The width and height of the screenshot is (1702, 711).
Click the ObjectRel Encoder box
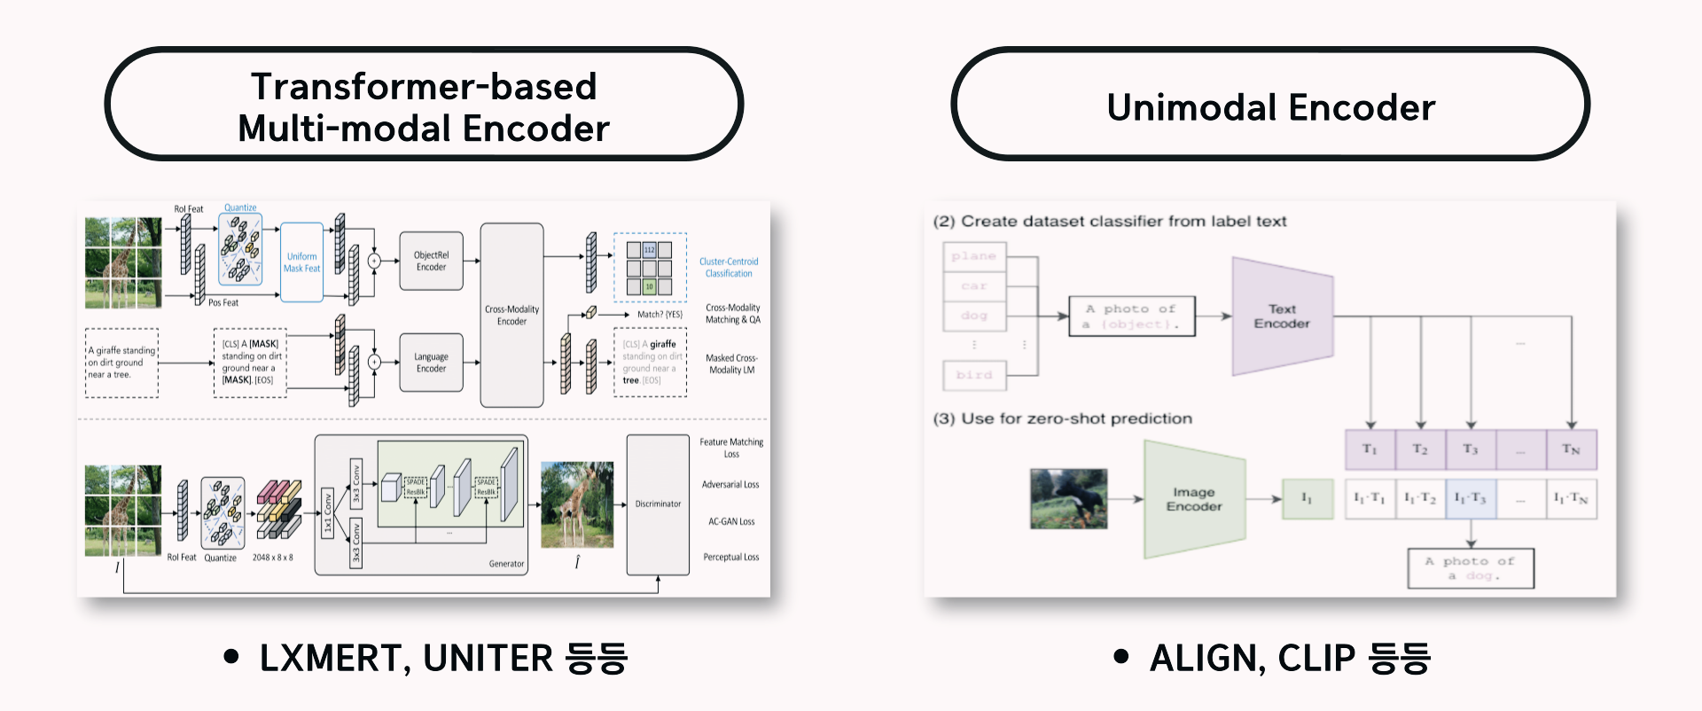[431, 261]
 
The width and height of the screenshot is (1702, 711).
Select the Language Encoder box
[431, 363]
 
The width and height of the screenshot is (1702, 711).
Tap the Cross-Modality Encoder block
[511, 315]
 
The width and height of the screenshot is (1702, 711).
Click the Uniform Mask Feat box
[301, 262]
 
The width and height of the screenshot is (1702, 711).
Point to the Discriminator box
[658, 504]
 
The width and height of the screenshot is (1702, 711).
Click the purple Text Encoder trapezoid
[1282, 316]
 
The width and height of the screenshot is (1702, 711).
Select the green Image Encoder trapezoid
[1194, 499]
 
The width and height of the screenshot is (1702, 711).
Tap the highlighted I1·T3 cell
[1471, 499]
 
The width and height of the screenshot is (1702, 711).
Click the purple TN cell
[1571, 449]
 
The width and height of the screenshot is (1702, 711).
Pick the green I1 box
[1307, 499]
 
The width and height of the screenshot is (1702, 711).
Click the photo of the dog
[1069, 499]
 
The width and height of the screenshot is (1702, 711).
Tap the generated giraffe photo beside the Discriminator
[577, 504]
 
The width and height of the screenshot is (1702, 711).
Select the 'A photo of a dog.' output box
[1471, 568]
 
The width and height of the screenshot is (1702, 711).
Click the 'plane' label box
[974, 256]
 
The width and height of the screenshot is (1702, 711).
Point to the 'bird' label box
[974, 375]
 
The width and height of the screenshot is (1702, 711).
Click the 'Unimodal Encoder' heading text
[1270, 107]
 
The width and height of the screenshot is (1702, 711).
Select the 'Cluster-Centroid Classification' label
[729, 268]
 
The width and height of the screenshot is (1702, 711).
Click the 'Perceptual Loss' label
[730, 558]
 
